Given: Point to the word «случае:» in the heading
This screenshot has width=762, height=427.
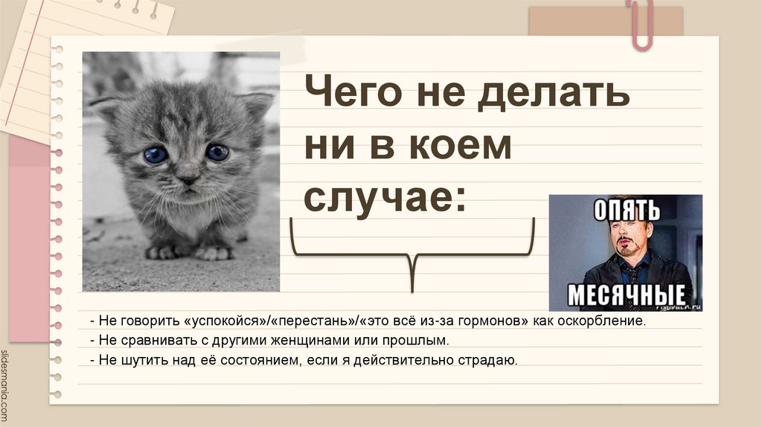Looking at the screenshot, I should pos(383,196).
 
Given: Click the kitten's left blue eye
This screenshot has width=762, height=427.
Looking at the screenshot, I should pos(156,155).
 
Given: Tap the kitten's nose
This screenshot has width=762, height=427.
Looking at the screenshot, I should pos(188,179).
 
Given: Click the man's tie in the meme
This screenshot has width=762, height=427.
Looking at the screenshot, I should pos(635,277).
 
